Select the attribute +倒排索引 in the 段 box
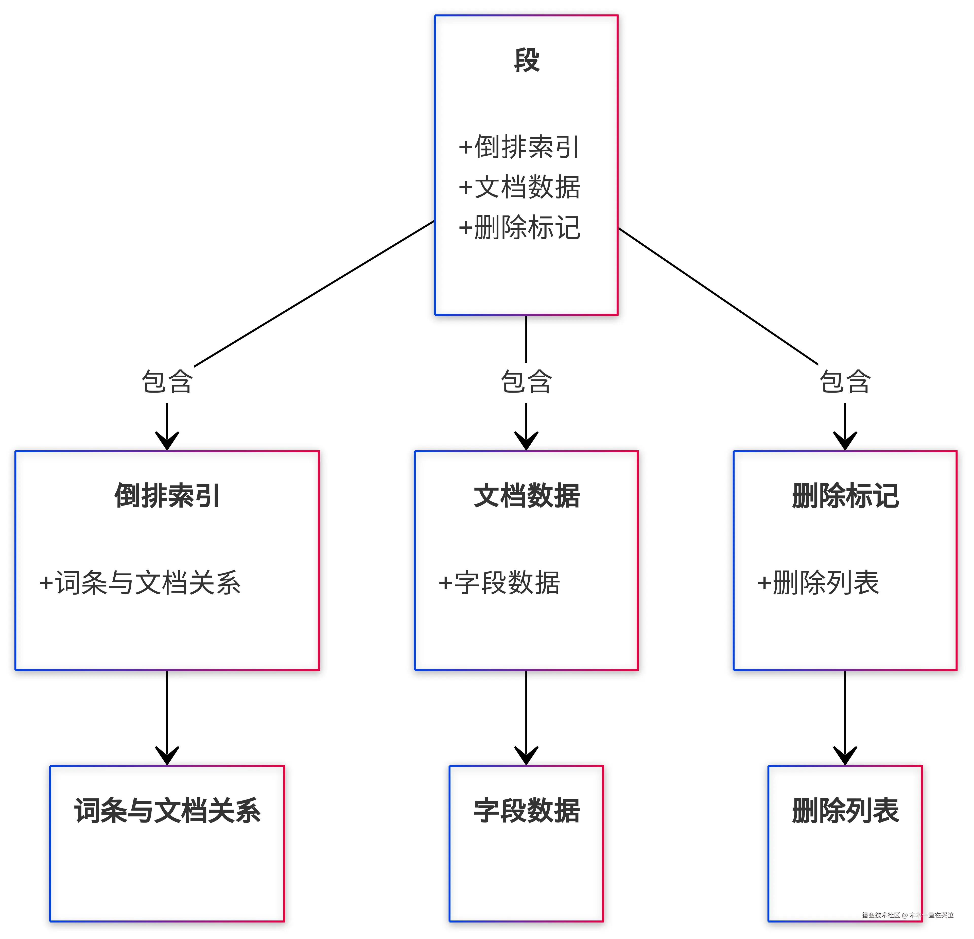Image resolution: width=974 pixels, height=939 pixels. pyautogui.click(x=519, y=147)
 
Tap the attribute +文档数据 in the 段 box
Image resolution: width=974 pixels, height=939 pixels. pyautogui.click(x=519, y=187)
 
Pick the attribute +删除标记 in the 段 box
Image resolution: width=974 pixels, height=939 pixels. pyautogui.click(x=519, y=228)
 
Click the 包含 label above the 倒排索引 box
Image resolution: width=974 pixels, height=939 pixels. pyautogui.click(x=167, y=382)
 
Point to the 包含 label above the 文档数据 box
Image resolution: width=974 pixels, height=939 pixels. pyautogui.click(x=526, y=382)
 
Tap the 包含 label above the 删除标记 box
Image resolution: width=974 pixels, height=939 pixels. pyautogui.click(x=845, y=382)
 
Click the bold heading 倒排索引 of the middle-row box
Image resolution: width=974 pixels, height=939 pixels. pyautogui.click(x=167, y=496)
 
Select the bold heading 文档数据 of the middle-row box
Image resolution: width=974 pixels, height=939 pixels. pyautogui.click(x=526, y=496)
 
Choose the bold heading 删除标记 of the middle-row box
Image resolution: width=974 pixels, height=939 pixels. pyautogui.click(x=845, y=496)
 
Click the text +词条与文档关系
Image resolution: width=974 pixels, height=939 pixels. pyautogui.click(x=140, y=583)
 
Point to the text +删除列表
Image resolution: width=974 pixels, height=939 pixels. pyautogui.click(x=818, y=583)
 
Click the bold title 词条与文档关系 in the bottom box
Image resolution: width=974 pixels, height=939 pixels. pyautogui.click(x=167, y=811)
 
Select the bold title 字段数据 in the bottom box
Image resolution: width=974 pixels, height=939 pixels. pyautogui.click(x=526, y=811)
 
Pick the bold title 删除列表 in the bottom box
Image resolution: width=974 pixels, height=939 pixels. pyautogui.click(x=845, y=811)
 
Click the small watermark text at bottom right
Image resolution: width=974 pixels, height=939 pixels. pyautogui.click(x=907, y=915)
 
